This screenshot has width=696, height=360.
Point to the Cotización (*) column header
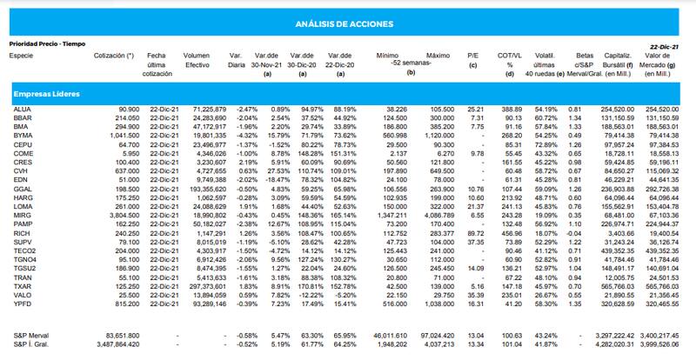pos(113,55)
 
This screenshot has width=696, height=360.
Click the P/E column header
pos(472,55)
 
